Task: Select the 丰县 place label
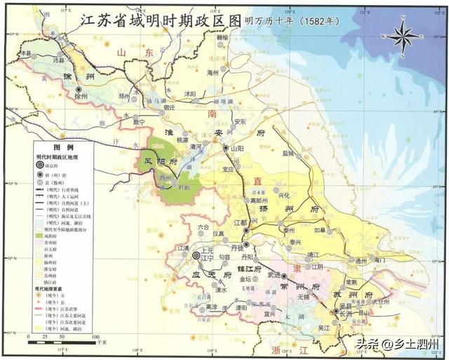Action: click(26, 52)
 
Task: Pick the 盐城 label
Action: click(287, 152)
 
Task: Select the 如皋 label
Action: click(320, 229)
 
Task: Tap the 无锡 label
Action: click(304, 296)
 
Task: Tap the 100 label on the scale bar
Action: click(93, 338)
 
